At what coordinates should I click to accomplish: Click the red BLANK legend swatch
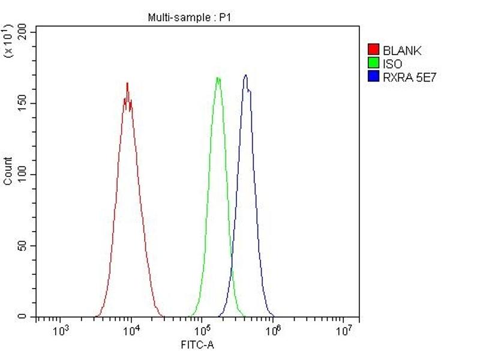pos(373,50)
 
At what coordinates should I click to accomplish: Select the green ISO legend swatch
pos(373,63)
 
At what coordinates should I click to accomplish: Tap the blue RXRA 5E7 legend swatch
pos(373,76)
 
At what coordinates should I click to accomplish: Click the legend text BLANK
pos(402,50)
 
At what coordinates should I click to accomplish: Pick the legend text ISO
pos(392,63)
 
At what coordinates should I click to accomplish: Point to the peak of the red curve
pos(127,83)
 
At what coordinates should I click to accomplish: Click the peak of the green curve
pos(218,78)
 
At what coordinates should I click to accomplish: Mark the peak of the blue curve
pos(246,76)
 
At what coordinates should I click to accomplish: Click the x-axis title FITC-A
pos(197,345)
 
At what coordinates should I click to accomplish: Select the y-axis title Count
pos(8,171)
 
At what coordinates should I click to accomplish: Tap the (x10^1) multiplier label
pos(8,41)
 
